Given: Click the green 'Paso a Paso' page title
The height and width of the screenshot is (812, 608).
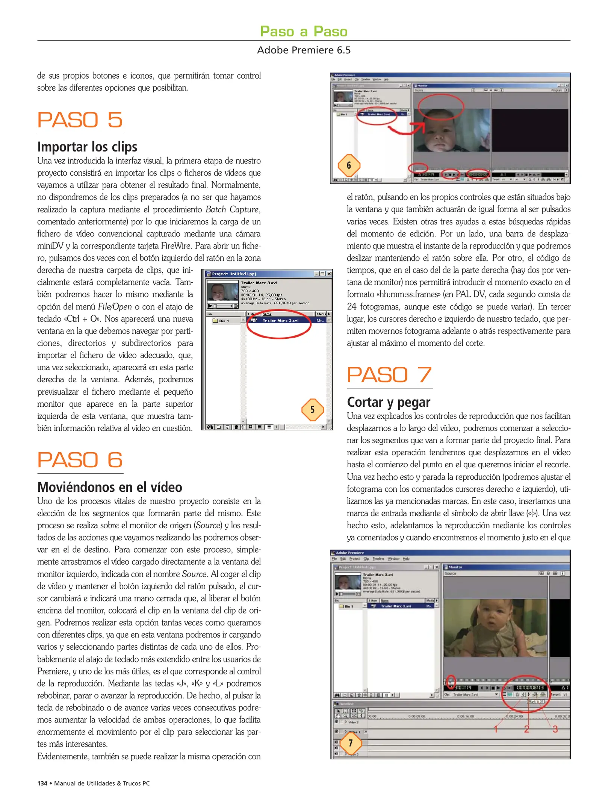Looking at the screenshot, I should click(304, 31).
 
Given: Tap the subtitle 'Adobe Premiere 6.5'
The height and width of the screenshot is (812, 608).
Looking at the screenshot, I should click(304, 50).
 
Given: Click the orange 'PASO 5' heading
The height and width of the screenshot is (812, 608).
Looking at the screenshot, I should click(80, 120).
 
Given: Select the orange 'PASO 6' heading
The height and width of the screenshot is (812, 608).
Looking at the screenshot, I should click(80, 460).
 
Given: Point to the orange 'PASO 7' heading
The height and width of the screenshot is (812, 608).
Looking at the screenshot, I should click(389, 375).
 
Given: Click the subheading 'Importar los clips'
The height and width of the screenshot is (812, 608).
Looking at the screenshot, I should click(87, 147).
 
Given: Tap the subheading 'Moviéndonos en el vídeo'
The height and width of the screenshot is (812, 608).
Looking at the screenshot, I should click(110, 487).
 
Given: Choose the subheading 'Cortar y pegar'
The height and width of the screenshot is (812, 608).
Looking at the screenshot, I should click(389, 402).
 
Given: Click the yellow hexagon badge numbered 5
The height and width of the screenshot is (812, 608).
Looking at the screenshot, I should click(312, 409).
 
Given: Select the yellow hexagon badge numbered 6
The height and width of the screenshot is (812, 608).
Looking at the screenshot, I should click(349, 165).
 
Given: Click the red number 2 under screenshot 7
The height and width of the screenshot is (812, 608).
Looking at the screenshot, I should click(526, 729).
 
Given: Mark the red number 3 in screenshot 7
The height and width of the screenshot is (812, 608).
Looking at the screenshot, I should click(555, 729).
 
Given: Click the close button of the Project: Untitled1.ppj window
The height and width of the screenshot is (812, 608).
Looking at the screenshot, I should click(329, 274).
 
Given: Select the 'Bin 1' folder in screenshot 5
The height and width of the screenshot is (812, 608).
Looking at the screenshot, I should click(224, 321).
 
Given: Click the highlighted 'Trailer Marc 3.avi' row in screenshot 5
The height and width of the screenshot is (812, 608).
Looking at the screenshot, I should click(280, 321).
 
